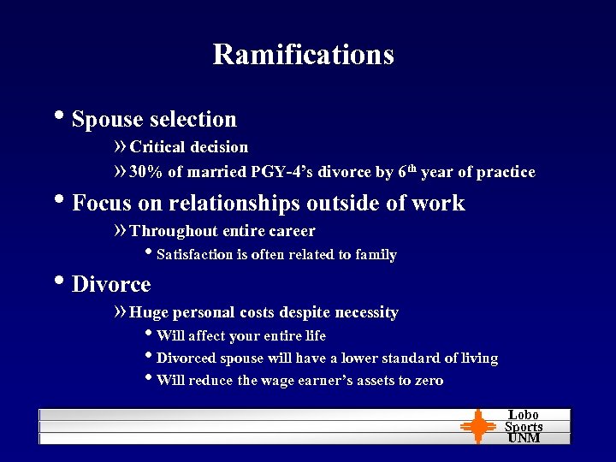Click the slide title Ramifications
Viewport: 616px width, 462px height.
[303, 54]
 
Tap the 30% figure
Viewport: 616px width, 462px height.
[146, 172]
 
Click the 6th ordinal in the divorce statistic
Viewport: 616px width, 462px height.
[406, 171]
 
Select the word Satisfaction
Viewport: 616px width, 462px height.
[194, 254]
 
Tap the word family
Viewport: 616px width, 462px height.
[376, 254]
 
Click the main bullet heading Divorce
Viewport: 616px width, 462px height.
[111, 284]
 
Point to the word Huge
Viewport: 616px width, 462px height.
[149, 312]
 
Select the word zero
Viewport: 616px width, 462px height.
[428, 380]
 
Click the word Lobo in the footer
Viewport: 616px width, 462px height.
[524, 415]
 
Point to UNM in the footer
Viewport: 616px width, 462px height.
[524, 438]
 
